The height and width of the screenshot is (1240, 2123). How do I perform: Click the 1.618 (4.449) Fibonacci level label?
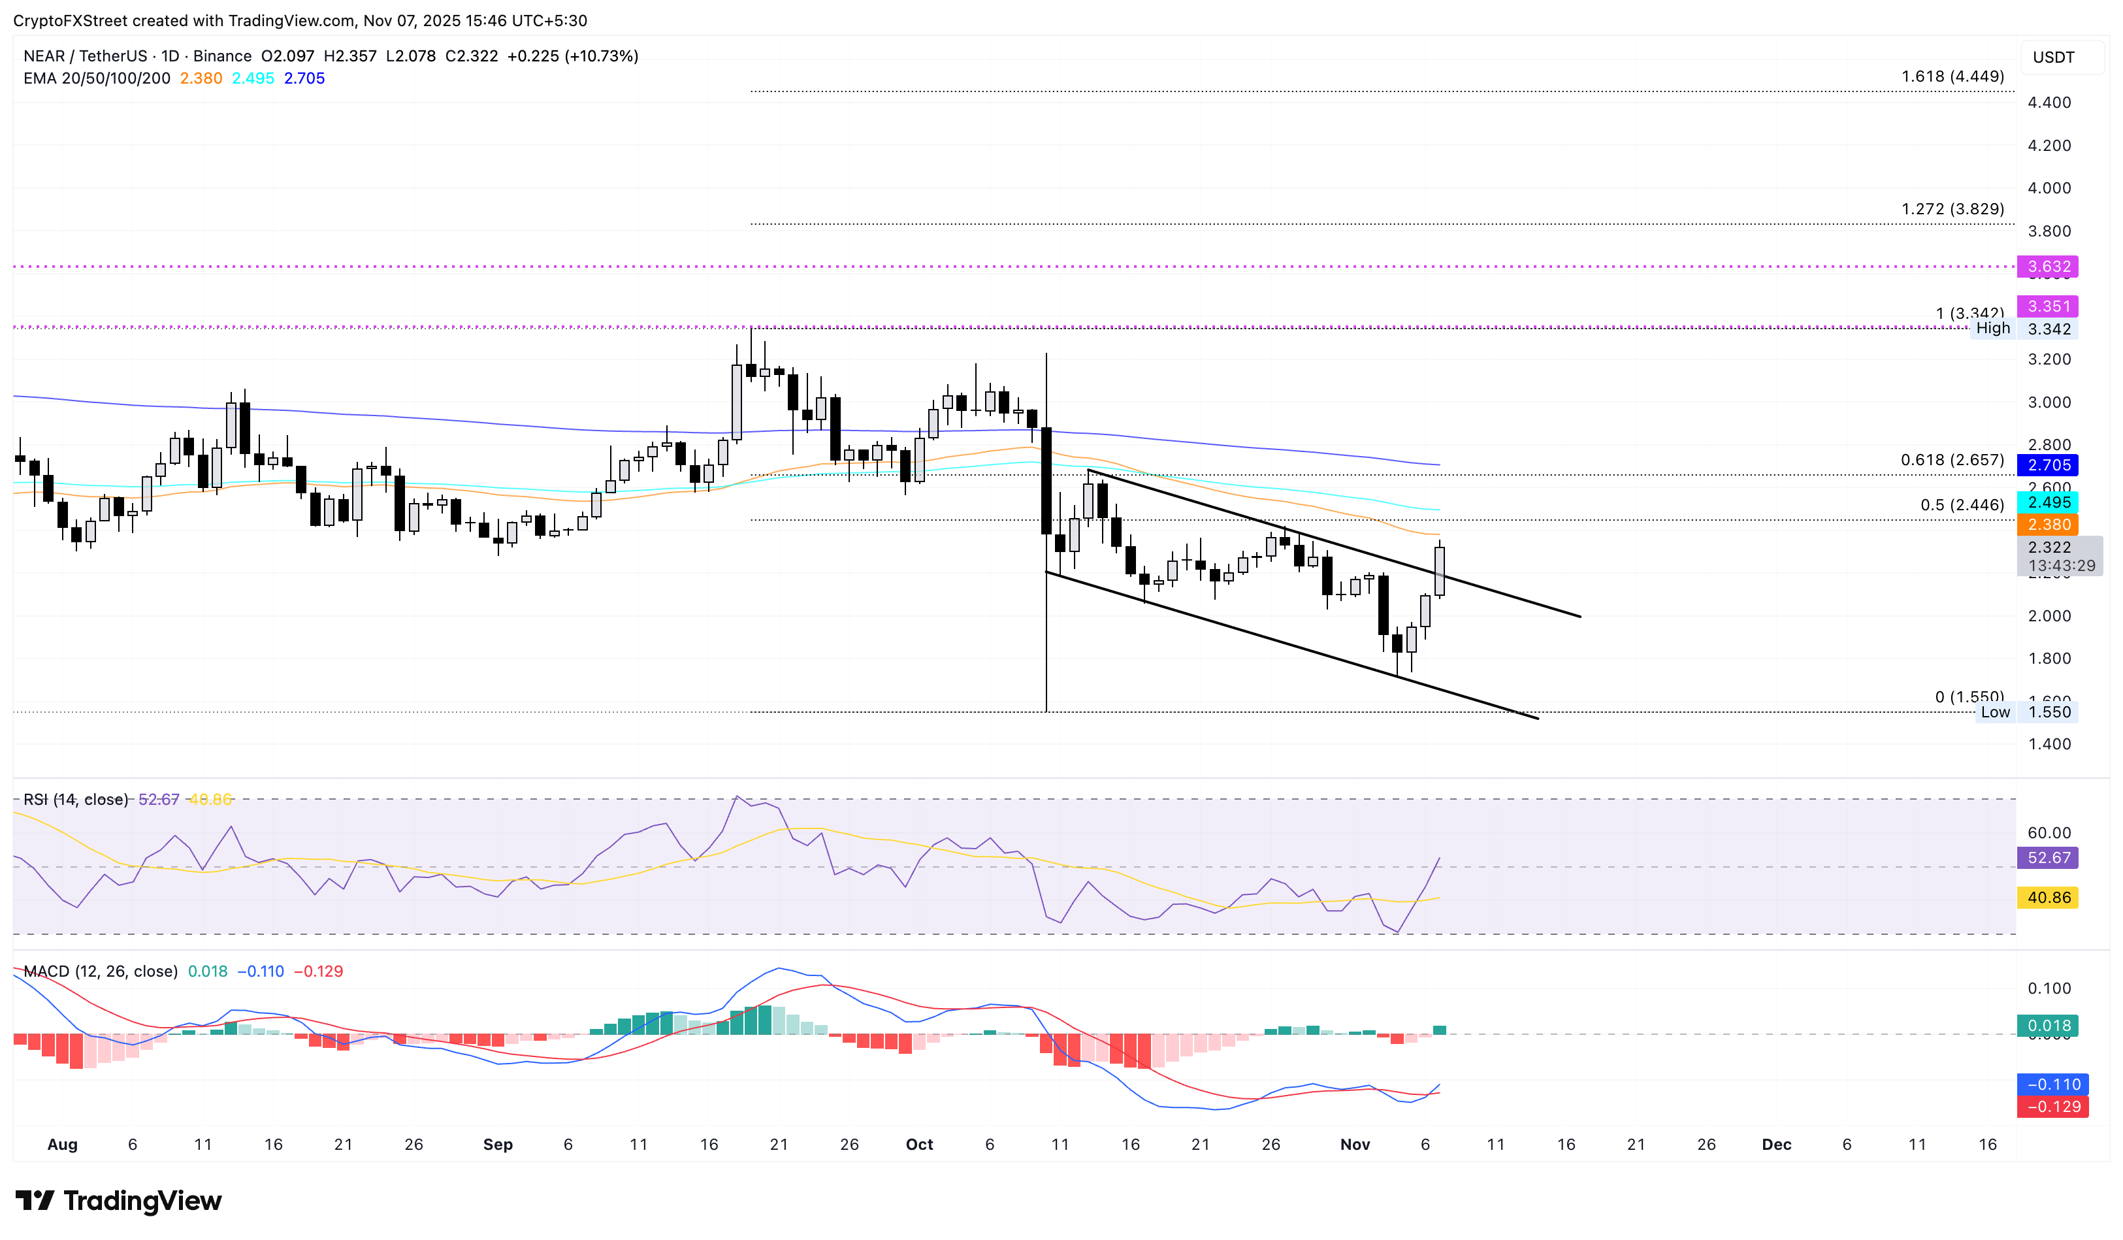click(x=1952, y=76)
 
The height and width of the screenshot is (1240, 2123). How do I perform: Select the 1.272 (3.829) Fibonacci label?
click(x=1952, y=209)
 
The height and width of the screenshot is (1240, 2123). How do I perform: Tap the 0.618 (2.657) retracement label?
click(x=1952, y=460)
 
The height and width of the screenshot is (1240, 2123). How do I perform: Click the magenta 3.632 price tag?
click(x=2047, y=267)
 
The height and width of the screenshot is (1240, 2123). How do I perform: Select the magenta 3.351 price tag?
click(x=2047, y=306)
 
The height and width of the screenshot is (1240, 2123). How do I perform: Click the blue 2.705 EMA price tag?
click(x=2047, y=465)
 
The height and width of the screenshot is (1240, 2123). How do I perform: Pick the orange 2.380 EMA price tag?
click(x=2047, y=525)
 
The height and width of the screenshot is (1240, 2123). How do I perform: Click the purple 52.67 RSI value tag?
click(x=2047, y=858)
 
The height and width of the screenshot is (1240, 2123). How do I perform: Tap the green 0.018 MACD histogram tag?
click(x=2047, y=1025)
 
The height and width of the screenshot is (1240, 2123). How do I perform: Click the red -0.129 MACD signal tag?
click(x=2047, y=1106)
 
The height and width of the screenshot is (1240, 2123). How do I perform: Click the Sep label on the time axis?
click(x=498, y=1144)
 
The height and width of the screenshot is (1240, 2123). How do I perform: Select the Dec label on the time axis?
click(x=1776, y=1144)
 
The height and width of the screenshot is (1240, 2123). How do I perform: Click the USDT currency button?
click(x=2053, y=57)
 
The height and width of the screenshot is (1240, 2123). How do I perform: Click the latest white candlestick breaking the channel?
click(x=1440, y=571)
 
